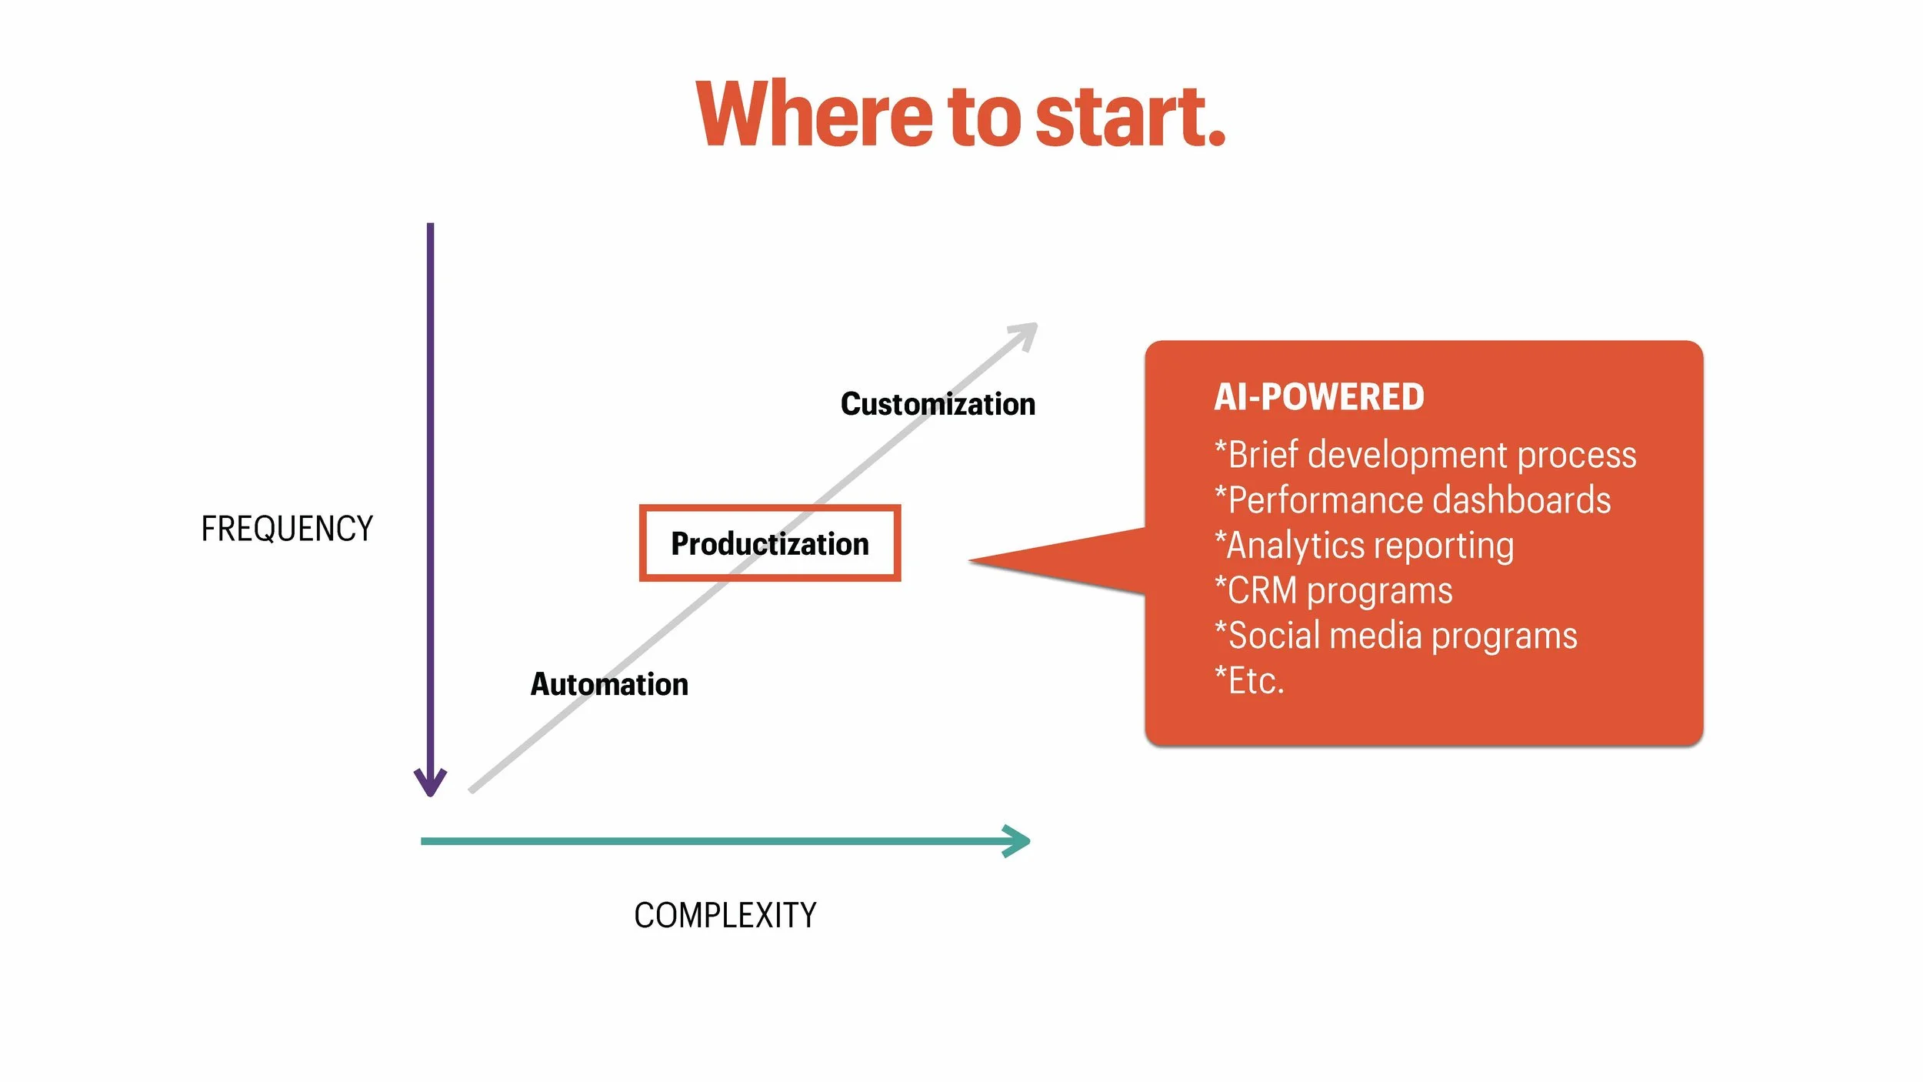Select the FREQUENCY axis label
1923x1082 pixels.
(x=286, y=529)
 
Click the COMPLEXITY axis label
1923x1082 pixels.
(x=725, y=916)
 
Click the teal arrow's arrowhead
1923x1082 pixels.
(x=1019, y=841)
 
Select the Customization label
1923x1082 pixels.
(x=938, y=404)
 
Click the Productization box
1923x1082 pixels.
(x=769, y=543)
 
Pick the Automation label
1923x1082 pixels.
(x=609, y=684)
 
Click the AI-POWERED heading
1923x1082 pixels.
(x=1318, y=397)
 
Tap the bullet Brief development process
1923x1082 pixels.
(x=1425, y=455)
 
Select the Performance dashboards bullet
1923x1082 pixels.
(x=1412, y=500)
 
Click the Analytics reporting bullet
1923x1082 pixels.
(x=1364, y=546)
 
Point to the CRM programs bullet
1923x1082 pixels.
(x=1333, y=591)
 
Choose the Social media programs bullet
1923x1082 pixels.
(x=1395, y=636)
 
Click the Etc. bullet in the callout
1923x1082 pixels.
(x=1249, y=681)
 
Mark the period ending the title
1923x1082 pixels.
(x=1216, y=139)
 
